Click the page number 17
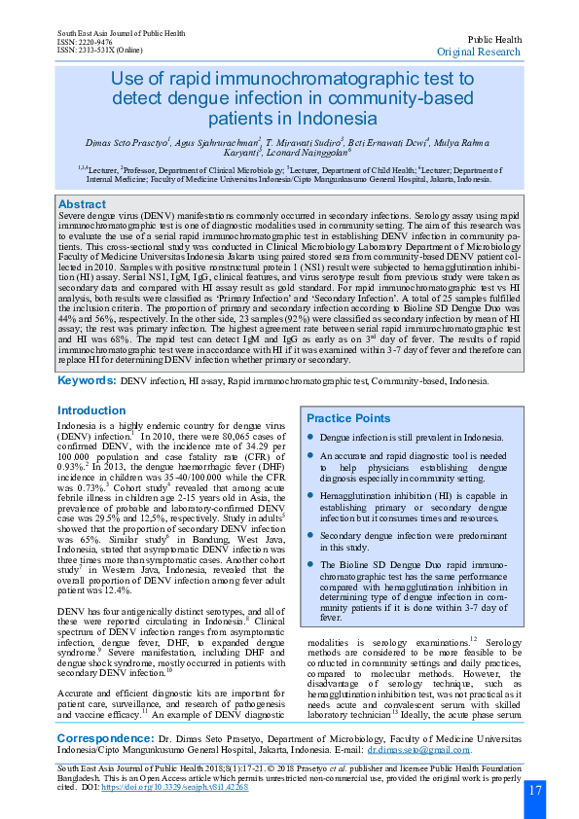pyautogui.click(x=535, y=789)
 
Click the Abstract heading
pyautogui.click(x=83, y=204)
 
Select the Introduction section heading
pyautogui.click(x=91, y=410)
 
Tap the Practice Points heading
pyautogui.click(x=349, y=417)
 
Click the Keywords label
pyautogui.click(x=87, y=381)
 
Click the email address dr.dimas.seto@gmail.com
pyautogui.click(x=418, y=750)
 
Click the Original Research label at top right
pyautogui.click(x=479, y=51)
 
